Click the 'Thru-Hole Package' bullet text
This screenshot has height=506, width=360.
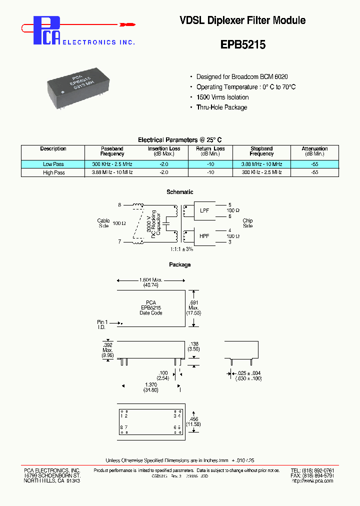pyautogui.click(x=221, y=107)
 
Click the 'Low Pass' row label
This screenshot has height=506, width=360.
pyautogui.click(x=53, y=164)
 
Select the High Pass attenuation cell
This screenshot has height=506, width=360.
pyautogui.click(x=314, y=172)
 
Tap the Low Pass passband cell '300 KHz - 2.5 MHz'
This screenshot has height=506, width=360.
pyautogui.click(x=112, y=164)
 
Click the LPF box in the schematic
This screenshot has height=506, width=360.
pyautogui.click(x=205, y=211)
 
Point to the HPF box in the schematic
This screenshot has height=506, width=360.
pyautogui.click(x=205, y=235)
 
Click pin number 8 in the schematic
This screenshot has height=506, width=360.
pyautogui.click(x=119, y=205)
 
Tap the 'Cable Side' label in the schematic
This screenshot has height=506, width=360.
pyautogui.click(x=103, y=223)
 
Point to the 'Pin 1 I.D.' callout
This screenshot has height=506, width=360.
pyautogui.click(x=102, y=324)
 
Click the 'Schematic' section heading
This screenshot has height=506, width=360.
pyautogui.click(x=179, y=192)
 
